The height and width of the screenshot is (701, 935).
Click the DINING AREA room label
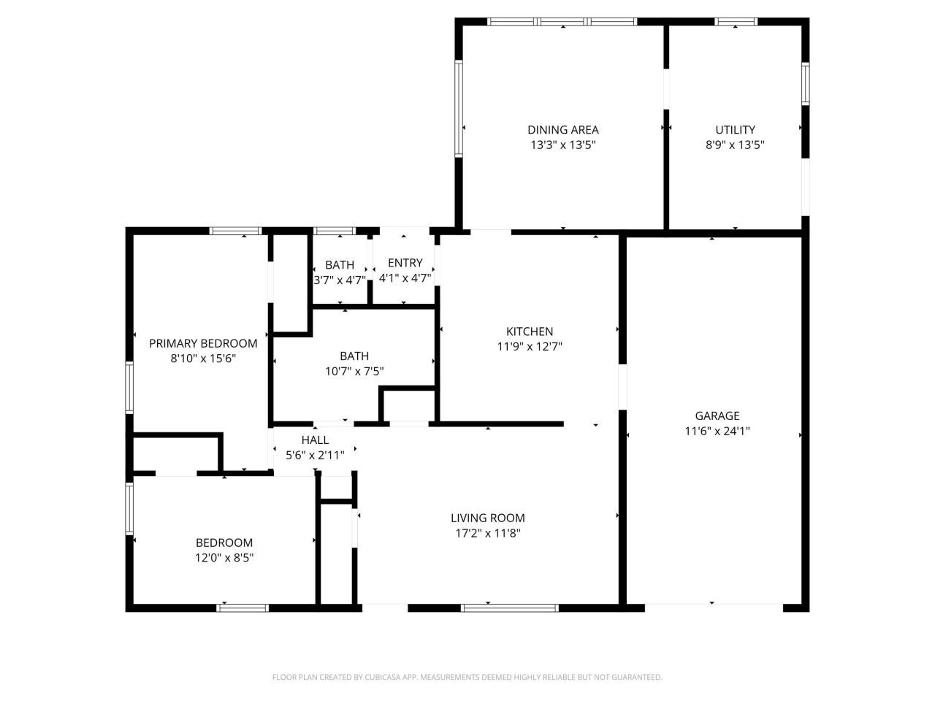click(562, 130)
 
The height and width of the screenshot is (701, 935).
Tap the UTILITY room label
click(735, 130)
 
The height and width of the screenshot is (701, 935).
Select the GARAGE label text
click(717, 415)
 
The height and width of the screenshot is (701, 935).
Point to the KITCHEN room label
click(530, 332)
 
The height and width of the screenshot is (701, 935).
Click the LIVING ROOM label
click(488, 518)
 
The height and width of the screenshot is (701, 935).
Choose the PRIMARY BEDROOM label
click(203, 343)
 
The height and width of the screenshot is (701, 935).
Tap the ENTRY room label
click(405, 263)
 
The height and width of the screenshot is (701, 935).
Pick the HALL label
click(315, 440)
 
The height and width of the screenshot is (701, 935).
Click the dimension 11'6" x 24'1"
click(717, 431)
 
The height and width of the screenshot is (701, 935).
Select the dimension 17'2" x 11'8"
click(488, 533)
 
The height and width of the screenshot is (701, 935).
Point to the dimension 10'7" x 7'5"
click(354, 372)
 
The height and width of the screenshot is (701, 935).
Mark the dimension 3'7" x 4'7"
click(340, 280)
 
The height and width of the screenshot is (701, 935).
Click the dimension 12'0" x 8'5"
click(224, 558)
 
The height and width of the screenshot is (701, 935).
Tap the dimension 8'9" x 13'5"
click(735, 145)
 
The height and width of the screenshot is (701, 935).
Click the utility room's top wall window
click(736, 22)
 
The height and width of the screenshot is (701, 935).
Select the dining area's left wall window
click(458, 109)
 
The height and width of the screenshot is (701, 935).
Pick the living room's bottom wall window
click(509, 608)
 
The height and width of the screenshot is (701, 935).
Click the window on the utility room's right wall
click(805, 84)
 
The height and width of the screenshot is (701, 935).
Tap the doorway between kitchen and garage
click(622, 387)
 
